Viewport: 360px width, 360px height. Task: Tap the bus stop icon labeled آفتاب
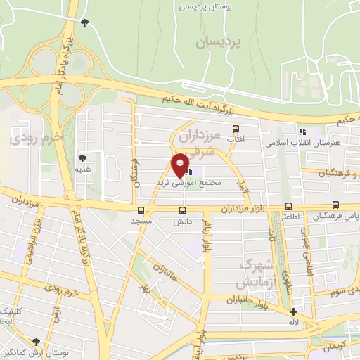pos(236,129)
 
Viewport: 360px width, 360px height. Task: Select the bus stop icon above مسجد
pos(141,210)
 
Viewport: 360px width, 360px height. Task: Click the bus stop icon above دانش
pos(183,210)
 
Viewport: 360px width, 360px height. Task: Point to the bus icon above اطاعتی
pos(288,206)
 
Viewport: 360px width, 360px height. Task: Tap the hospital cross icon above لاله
pos(294,311)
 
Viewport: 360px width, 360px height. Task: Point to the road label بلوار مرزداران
pos(246,209)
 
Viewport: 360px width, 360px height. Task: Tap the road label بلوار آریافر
pos(206,236)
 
